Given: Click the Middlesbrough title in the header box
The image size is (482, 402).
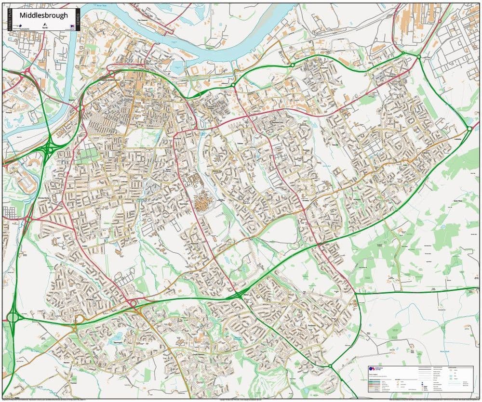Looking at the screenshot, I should [43, 15].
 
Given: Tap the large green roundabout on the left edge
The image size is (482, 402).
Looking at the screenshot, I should [13, 318].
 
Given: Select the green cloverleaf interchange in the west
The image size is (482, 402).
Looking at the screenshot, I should [49, 150].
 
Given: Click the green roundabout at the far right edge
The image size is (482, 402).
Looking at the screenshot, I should [469, 129].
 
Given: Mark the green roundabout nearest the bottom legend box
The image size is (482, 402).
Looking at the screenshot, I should [330, 366].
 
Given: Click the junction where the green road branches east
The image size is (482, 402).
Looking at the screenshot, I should [355, 292].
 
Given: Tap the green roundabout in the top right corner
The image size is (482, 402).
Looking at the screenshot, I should [418, 57].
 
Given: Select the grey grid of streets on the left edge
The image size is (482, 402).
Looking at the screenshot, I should [10, 212].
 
